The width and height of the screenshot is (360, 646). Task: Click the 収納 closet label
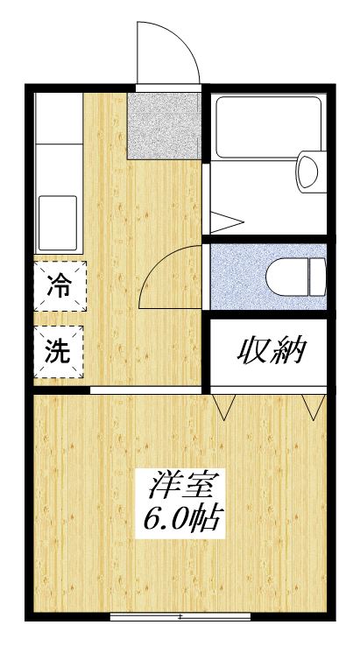[x=272, y=353]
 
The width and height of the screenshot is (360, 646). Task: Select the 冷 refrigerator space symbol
[x=60, y=285]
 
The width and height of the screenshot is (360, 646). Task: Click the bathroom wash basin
[x=308, y=171]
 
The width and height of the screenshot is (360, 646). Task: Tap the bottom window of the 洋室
[x=180, y=616]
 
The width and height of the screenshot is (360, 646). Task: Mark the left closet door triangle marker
[x=225, y=405]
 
